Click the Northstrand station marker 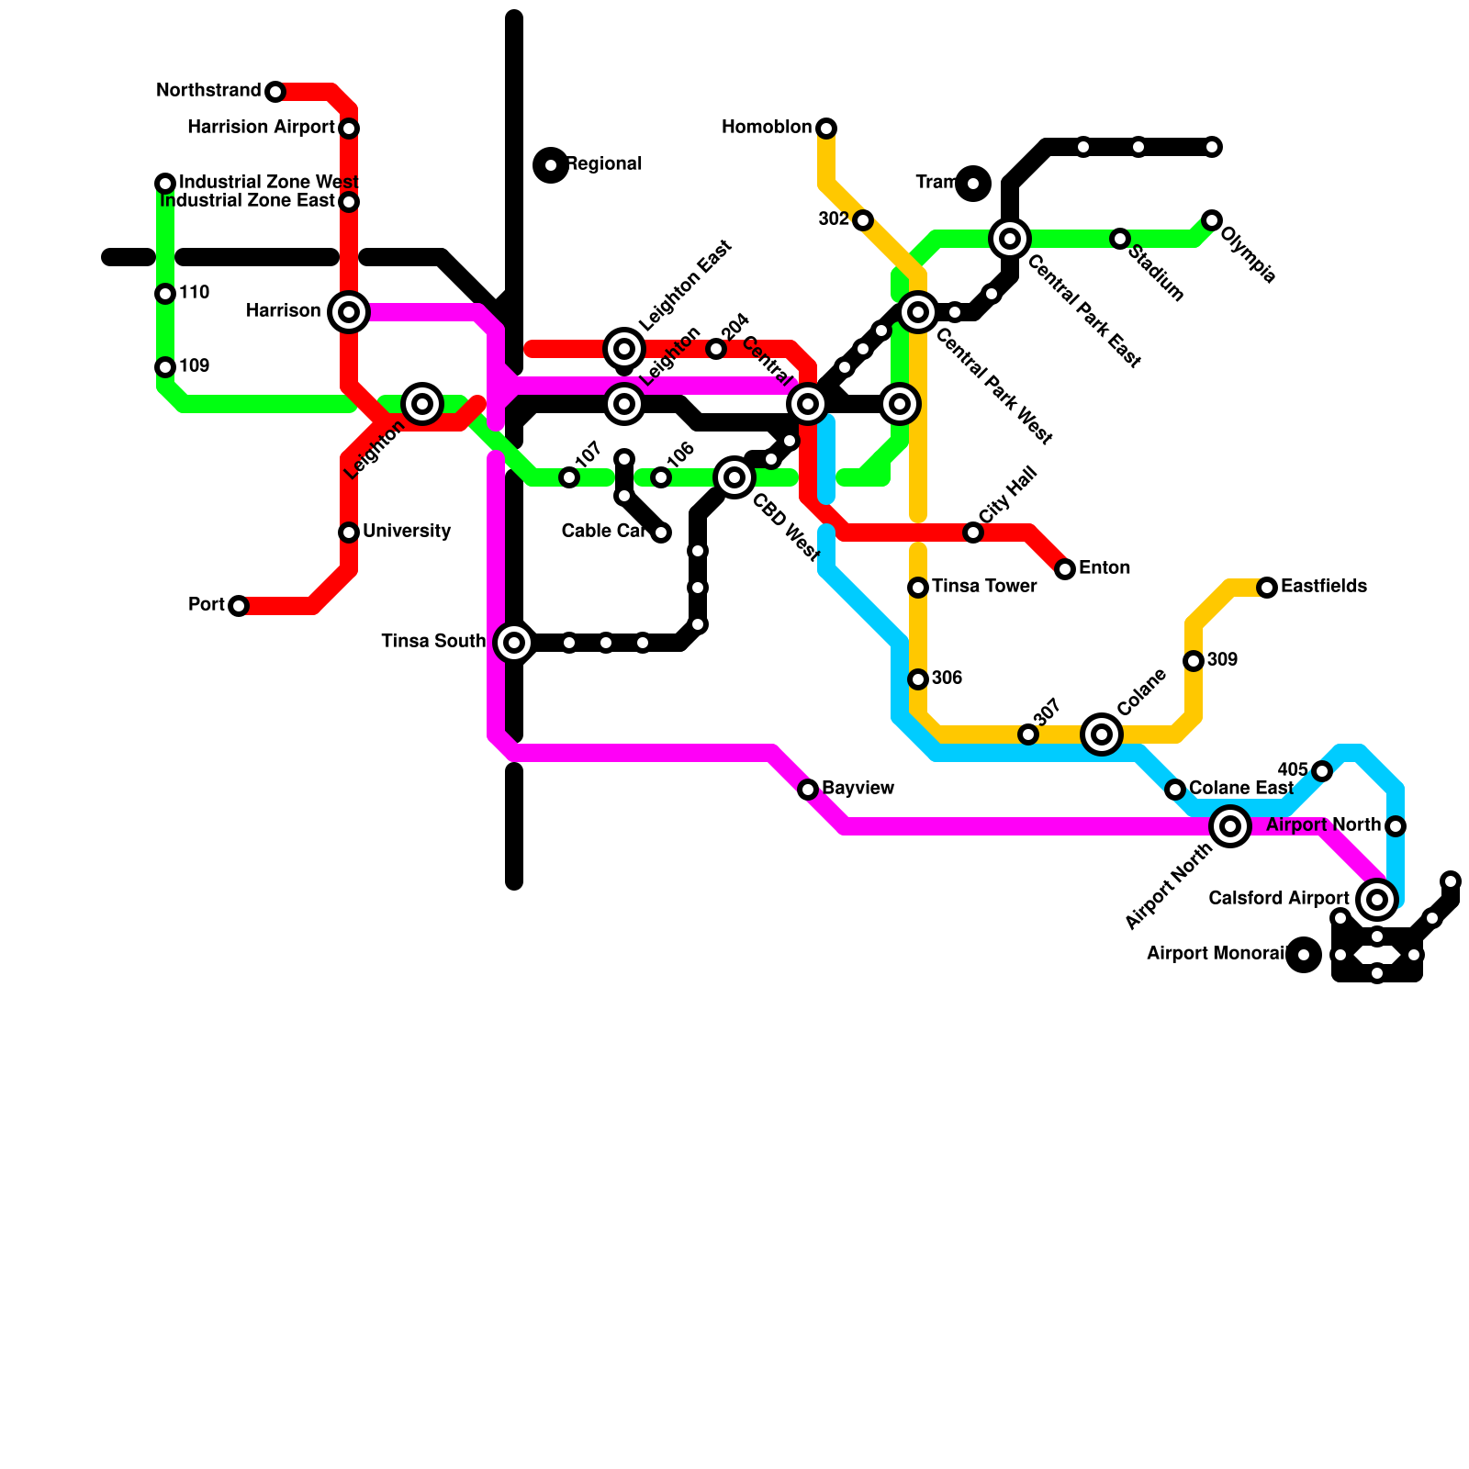click(275, 92)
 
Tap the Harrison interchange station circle click(349, 312)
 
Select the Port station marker click(239, 606)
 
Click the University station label click(406, 532)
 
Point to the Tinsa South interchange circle click(514, 643)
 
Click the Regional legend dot click(551, 165)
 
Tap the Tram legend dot click(973, 184)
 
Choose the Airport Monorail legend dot click(1304, 955)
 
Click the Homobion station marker click(826, 129)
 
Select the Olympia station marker click(1212, 220)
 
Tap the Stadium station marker click(1120, 239)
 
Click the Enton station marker click(1065, 569)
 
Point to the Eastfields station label click(1323, 587)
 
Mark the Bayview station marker click(808, 790)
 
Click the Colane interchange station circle click(1102, 734)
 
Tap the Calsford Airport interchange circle click(1377, 900)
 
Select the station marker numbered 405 click(1322, 771)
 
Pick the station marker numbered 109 click(165, 367)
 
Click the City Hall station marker click(973, 533)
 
